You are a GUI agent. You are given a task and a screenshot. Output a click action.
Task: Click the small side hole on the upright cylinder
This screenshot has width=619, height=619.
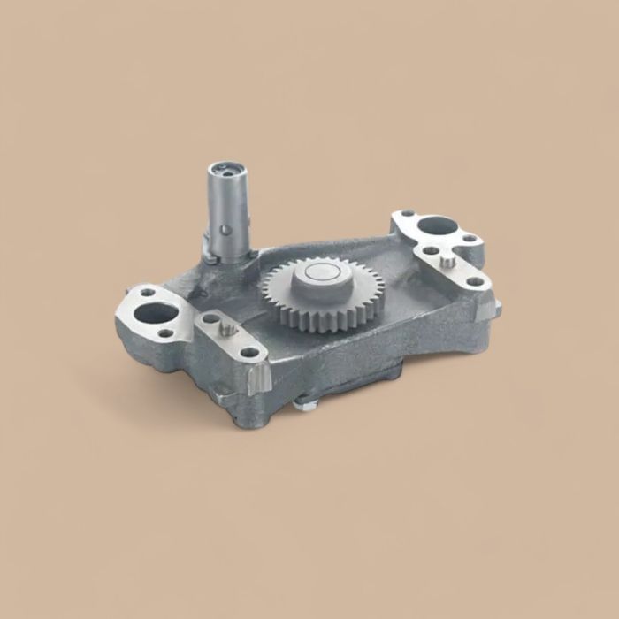coord(226,231)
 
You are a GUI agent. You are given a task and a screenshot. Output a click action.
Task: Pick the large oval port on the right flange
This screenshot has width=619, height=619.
coord(433,225)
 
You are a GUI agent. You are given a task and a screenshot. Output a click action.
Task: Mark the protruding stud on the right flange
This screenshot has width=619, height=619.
coord(449,262)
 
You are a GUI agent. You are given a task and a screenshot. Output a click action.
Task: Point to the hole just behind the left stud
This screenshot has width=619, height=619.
coord(210,317)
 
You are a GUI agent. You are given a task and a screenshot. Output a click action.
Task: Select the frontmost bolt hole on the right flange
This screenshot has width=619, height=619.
coord(476,282)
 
